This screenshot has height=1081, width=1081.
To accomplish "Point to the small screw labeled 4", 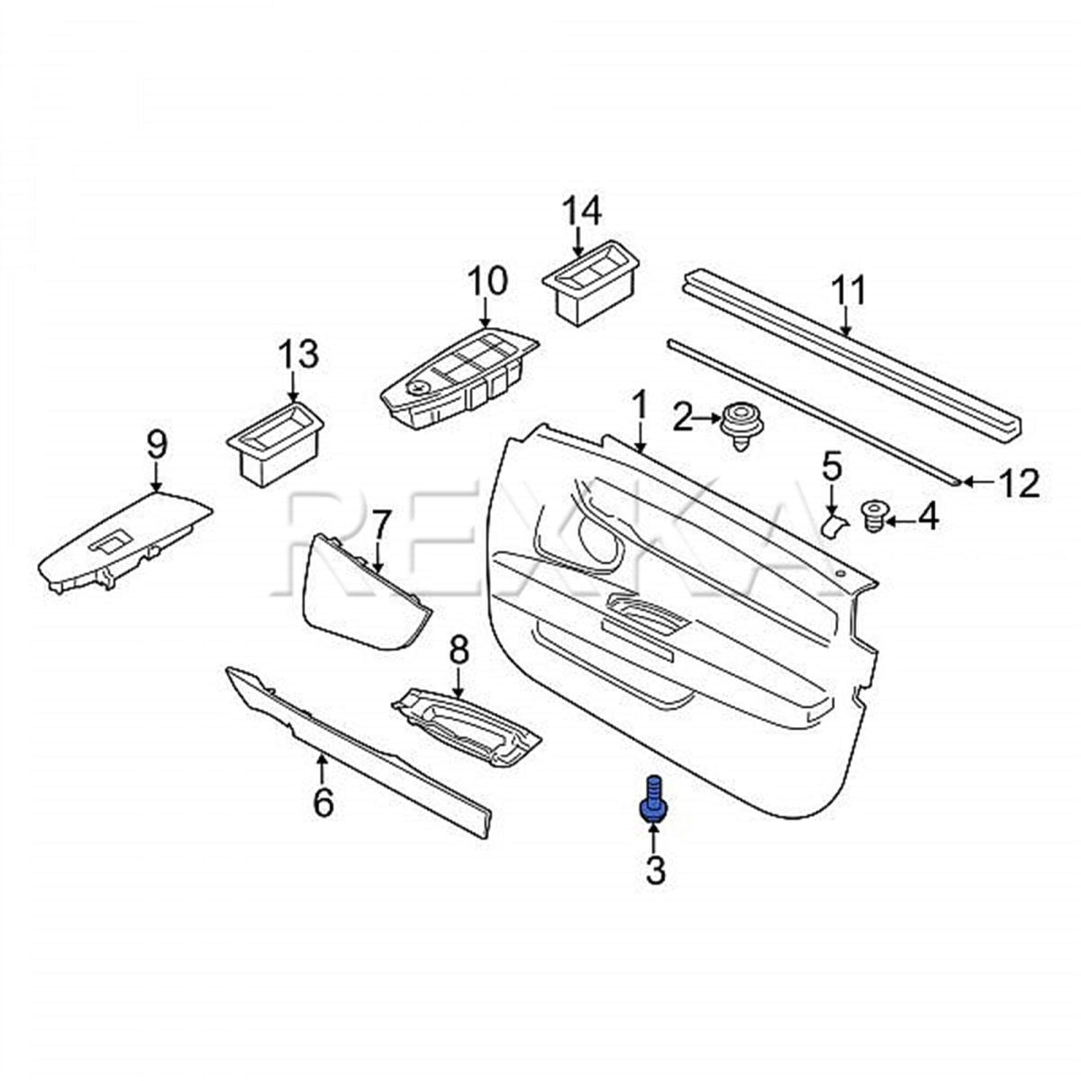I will click(873, 516).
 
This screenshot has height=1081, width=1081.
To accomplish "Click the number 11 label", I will click(848, 293).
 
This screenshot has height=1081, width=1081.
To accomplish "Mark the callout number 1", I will click(639, 408).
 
